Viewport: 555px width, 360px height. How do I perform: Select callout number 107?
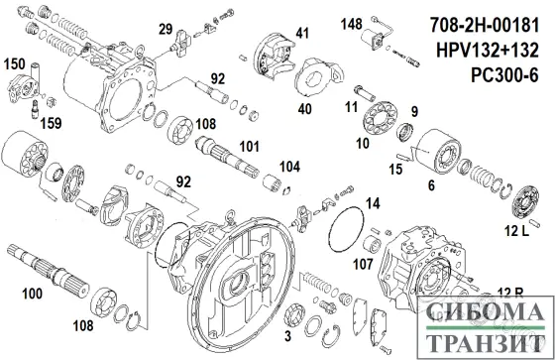coord(362,265)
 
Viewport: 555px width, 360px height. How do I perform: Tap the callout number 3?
coord(287,314)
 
